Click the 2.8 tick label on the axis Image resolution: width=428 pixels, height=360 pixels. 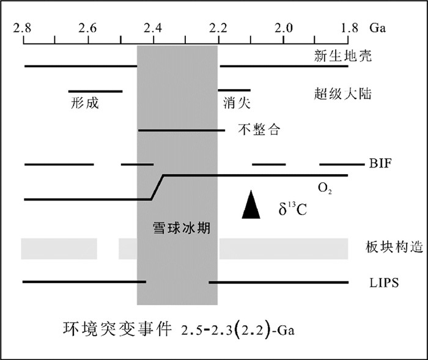[x=23, y=28]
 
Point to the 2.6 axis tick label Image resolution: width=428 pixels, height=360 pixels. [x=88, y=28]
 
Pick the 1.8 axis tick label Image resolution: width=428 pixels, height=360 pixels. [x=350, y=28]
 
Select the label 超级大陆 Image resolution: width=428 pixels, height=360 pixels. [x=334, y=94]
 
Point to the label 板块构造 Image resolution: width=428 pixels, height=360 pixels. [x=382, y=248]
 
